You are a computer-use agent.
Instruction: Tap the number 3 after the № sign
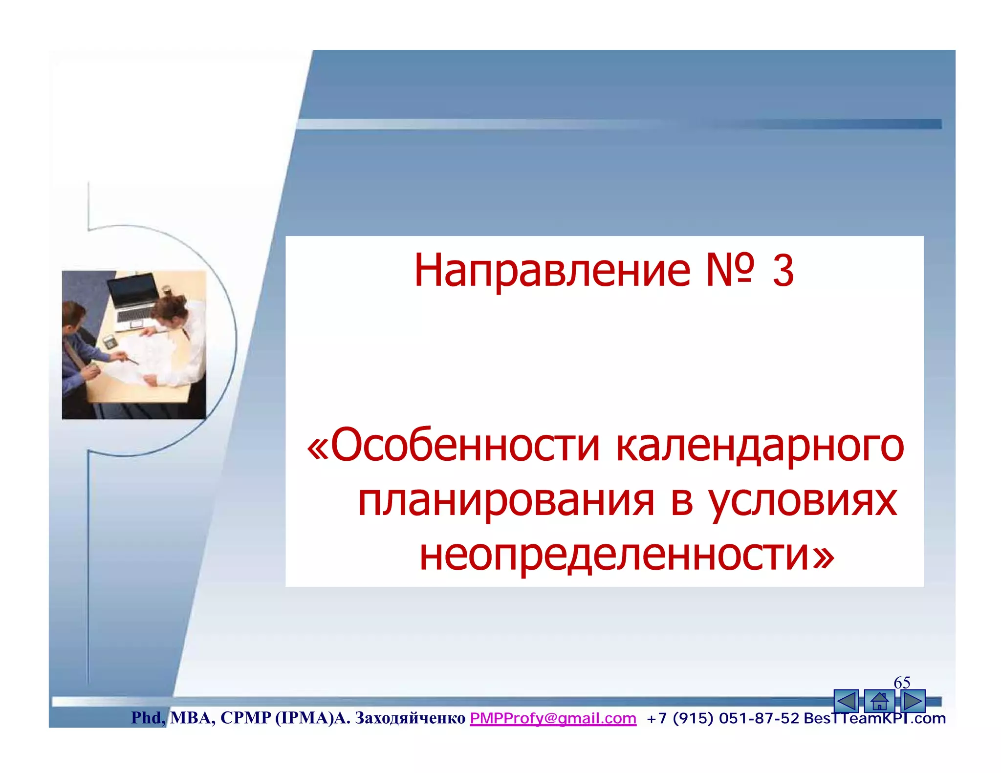783,271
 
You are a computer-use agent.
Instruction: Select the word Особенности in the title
464,446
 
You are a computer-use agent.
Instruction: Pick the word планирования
505,501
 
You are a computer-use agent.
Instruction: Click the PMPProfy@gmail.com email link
553,718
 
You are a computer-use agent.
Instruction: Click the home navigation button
879,701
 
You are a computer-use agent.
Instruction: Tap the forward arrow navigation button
912,701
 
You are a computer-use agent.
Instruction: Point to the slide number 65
902,682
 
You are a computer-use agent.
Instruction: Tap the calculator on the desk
109,342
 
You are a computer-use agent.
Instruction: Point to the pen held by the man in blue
131,361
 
